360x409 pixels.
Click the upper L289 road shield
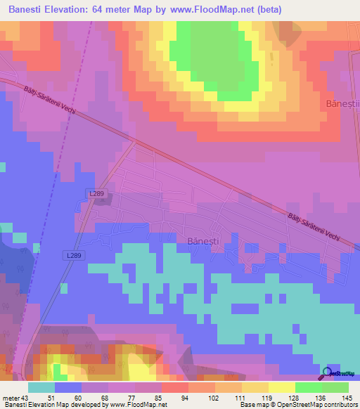[x=98, y=193]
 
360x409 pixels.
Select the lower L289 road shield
[x=77, y=256]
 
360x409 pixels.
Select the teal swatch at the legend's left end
[x=41, y=387]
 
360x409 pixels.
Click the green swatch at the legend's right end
[x=335, y=387]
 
